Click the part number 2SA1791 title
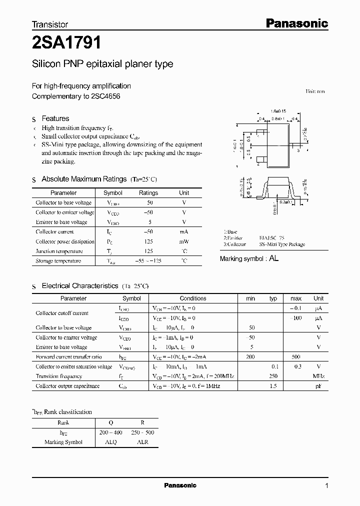[x=66, y=43]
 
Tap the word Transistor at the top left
[x=50, y=24]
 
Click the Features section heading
[x=55, y=118]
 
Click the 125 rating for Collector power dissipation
[x=148, y=241]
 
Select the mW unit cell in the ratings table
[x=184, y=241]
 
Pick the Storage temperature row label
[x=58, y=261]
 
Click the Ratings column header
[x=148, y=193]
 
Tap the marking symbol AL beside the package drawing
[x=274, y=258]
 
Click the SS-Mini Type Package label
[x=282, y=244]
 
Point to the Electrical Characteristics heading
[x=80, y=286]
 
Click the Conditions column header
[x=192, y=298]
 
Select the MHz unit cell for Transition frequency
[x=318, y=376]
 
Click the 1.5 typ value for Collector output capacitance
[x=273, y=386]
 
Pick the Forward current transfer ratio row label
[x=68, y=357]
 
